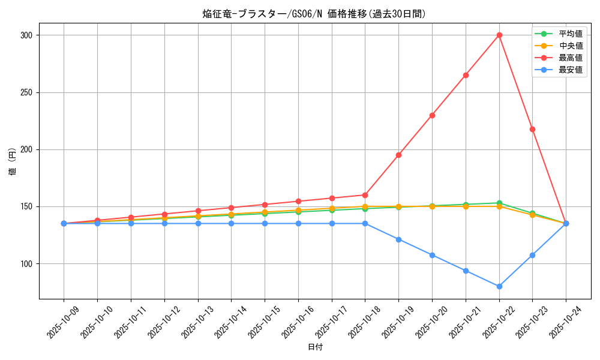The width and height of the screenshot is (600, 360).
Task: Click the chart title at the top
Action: tap(314, 14)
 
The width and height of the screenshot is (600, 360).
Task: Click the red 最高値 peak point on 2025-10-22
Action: tap(499, 35)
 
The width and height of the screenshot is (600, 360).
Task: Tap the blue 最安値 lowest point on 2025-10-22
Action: tap(499, 286)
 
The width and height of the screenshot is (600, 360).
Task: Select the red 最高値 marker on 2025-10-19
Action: tap(398, 155)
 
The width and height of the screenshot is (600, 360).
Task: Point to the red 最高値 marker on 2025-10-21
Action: tap(466, 75)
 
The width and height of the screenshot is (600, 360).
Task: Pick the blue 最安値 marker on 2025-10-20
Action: tap(432, 255)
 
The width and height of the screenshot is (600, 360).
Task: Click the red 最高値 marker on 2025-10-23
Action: tap(532, 129)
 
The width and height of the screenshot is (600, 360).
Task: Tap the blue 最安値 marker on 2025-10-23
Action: tap(532, 255)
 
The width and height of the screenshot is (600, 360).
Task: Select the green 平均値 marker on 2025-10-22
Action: tap(499, 203)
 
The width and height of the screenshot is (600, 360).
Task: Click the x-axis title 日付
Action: tap(315, 347)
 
